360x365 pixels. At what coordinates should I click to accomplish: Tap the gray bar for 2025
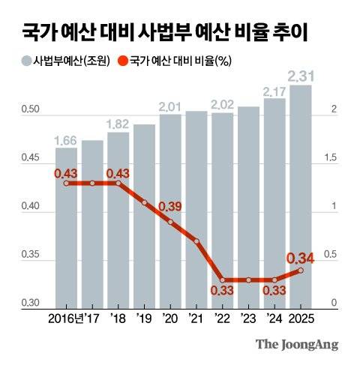coord(301,195)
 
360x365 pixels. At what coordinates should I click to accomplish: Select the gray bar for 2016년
coord(67,225)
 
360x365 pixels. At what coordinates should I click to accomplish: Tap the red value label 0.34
coord(301,257)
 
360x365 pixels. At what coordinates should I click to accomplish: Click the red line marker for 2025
coord(301,271)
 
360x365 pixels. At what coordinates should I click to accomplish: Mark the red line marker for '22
coord(223,280)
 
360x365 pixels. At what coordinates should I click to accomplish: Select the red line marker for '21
coord(196,241)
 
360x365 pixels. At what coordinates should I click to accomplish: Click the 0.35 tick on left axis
coord(31,256)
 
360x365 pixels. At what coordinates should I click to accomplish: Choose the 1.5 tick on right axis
coord(328,159)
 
